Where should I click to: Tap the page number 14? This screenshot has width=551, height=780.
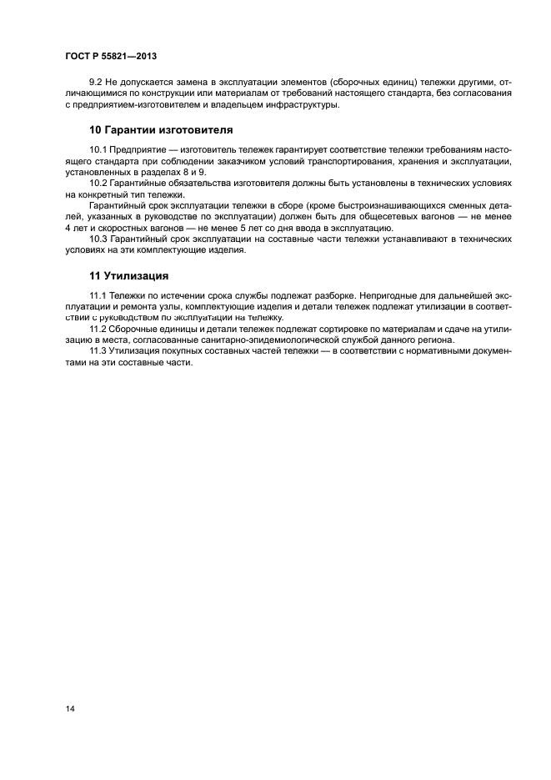(70, 708)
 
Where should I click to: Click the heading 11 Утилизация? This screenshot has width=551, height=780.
(129, 274)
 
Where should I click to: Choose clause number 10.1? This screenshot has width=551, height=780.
(98, 149)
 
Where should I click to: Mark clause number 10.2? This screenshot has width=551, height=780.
(98, 182)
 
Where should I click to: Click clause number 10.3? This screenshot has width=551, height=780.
(98, 238)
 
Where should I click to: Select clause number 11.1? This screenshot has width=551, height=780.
(98, 295)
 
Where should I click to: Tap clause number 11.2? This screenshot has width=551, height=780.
(98, 328)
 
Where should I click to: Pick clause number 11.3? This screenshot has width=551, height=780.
(98, 350)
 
